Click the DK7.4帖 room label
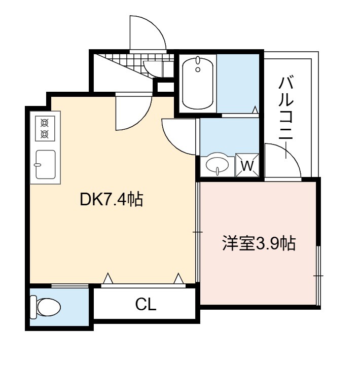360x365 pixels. pos(112,199)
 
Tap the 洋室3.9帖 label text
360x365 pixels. pos(259,243)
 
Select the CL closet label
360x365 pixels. pos(146,304)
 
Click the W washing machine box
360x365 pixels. pos(247,165)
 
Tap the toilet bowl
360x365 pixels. pos(46,307)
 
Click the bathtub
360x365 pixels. pos(198,83)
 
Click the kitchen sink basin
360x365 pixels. pos(46,164)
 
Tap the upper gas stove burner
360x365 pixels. pos(45,123)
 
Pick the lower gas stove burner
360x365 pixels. pos(45,134)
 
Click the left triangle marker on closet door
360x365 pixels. pos(108,278)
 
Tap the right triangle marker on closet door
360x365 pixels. pos(178,278)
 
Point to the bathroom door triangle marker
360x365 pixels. pos(256,109)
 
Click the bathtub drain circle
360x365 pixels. pos(198,69)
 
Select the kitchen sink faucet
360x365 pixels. pos(37,165)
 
